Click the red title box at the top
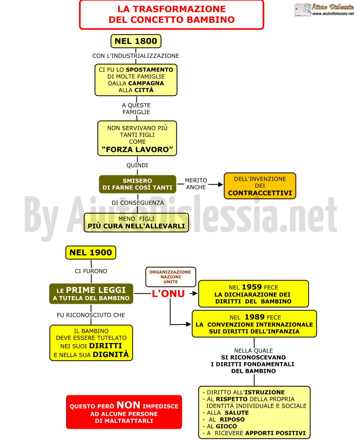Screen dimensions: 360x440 pos(172,15)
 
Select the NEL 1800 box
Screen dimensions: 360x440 pos(136,41)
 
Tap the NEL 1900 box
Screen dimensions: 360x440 pos(91,253)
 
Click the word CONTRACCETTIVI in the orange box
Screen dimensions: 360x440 pos(260,193)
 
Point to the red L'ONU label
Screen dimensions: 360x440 pos(168,294)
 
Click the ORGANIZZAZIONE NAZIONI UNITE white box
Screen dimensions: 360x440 pos(171,277)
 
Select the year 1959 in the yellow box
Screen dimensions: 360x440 pos(252,287)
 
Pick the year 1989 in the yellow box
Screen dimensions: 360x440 pos(255,317)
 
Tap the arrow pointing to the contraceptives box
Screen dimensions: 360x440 pos(216,185)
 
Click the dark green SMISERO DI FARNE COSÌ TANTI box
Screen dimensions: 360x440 pos(138,184)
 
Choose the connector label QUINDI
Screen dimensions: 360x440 pos(137,165)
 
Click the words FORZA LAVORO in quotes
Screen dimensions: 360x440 pos(137,149)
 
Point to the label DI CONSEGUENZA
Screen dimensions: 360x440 pos(138,203)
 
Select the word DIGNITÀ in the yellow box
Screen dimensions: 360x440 pos(111,355)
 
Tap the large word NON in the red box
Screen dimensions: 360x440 pos(128,405)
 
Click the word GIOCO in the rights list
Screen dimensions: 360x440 pos(226,426)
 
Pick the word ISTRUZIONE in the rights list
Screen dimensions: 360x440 pos(265,392)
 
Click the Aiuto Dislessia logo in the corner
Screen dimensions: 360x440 pos(324,10)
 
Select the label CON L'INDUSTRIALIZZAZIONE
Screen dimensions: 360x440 pos(136,56)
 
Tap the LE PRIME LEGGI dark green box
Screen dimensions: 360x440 pos(91,294)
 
